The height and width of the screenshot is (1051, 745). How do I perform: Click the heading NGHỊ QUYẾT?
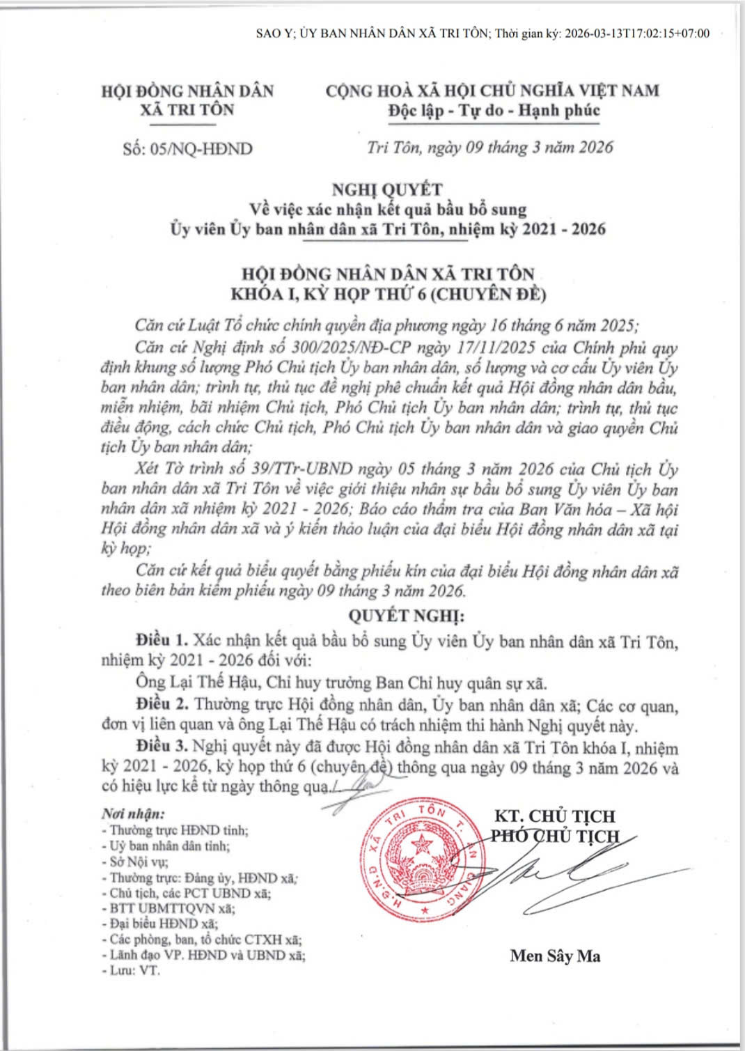(387, 189)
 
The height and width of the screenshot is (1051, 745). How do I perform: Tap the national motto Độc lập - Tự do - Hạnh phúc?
(494, 111)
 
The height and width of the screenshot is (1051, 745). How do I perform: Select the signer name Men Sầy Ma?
(555, 956)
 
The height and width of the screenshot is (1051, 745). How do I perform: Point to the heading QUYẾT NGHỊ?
(406, 616)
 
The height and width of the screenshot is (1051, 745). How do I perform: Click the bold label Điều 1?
(162, 640)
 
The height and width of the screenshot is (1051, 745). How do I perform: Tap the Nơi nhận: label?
(133, 813)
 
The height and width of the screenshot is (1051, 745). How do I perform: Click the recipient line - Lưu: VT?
(131, 970)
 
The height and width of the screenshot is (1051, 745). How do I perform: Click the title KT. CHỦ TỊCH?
(554, 816)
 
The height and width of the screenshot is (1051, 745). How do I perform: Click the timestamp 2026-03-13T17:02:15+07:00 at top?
(637, 33)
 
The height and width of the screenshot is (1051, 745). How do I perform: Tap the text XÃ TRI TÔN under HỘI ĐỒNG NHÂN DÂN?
(187, 110)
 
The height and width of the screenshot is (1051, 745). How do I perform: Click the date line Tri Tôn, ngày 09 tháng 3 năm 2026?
(490, 148)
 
